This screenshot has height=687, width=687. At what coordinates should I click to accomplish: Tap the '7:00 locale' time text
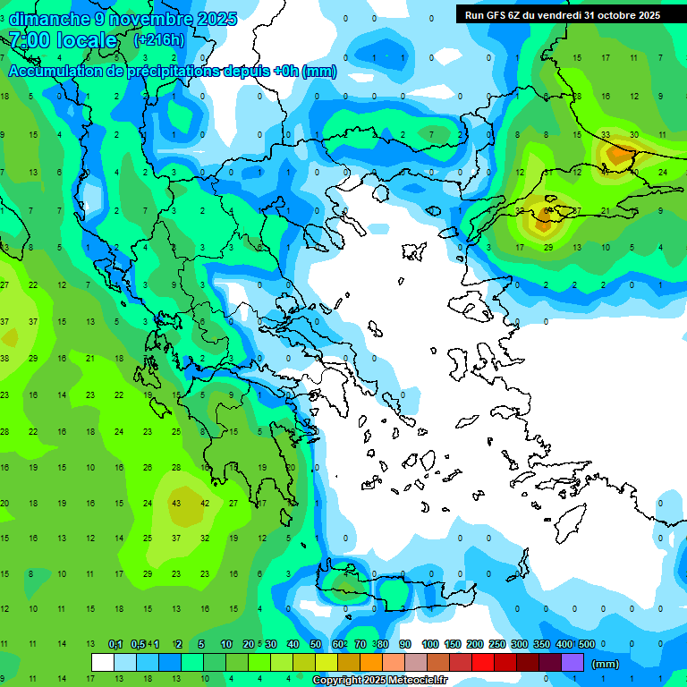pyautogui.click(x=63, y=40)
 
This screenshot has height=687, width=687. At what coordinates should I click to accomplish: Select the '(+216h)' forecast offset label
pyautogui.click(x=158, y=40)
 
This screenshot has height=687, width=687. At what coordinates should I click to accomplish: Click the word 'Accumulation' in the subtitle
pyautogui.click(x=55, y=72)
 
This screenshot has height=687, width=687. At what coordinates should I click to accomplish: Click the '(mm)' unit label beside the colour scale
pyautogui.click(x=606, y=664)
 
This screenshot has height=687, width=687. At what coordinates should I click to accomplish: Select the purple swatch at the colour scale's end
pyautogui.click(x=572, y=662)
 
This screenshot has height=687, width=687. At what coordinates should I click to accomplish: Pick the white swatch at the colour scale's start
pyautogui.click(x=103, y=662)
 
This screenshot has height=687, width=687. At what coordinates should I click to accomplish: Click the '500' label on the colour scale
pyautogui.click(x=587, y=644)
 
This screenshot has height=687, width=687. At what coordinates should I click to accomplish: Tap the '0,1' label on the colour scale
pyautogui.click(x=115, y=644)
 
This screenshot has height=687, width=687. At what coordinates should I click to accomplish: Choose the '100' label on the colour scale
pyautogui.click(x=429, y=644)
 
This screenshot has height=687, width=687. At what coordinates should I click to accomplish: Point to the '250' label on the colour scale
pyautogui.click(x=497, y=644)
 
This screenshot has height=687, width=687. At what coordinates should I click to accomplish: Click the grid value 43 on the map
pyautogui.click(x=176, y=503)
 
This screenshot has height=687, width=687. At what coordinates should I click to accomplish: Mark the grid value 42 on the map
pyautogui.click(x=205, y=503)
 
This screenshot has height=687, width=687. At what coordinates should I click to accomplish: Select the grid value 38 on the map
pyautogui.click(x=4, y=358)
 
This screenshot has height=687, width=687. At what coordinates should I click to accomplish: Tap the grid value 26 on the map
pyautogui.click(x=148, y=467)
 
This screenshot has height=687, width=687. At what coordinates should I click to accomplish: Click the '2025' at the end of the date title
pyautogui.click(x=217, y=18)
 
